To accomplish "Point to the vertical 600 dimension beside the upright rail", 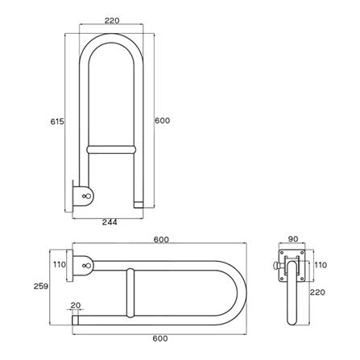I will click(x=163, y=121).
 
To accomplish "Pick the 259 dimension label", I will click(x=52, y=286).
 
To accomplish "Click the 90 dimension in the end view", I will click(x=292, y=240).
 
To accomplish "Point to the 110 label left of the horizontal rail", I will click(x=58, y=264).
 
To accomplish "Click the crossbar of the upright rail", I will click(x=110, y=150).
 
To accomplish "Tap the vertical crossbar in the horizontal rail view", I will click(x=127, y=293).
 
